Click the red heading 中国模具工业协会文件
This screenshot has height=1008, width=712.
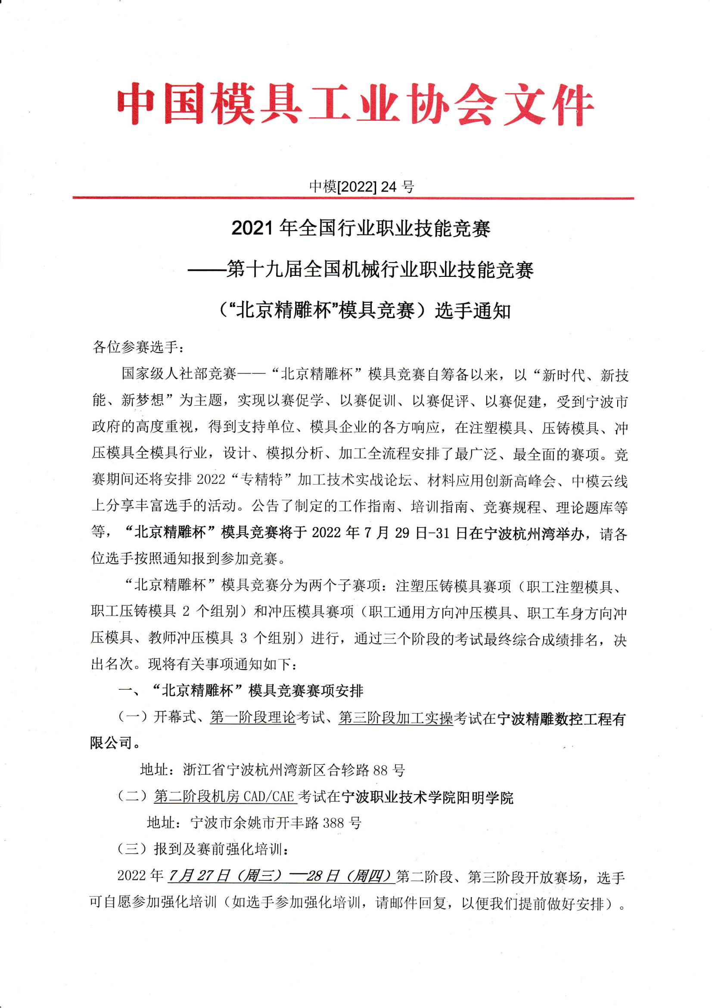pyautogui.click(x=356, y=104)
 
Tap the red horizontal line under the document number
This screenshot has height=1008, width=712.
pyautogui.click(x=353, y=198)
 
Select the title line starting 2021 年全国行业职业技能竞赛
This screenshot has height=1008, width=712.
pyautogui.click(x=361, y=229)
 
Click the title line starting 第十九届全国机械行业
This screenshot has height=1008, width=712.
pyautogui.click(x=380, y=269)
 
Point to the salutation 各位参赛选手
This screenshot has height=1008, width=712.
pyautogui.click(x=136, y=347)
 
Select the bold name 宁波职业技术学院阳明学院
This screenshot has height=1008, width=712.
pyautogui.click(x=427, y=796)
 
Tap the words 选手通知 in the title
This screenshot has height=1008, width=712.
pyautogui.click(x=473, y=311)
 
